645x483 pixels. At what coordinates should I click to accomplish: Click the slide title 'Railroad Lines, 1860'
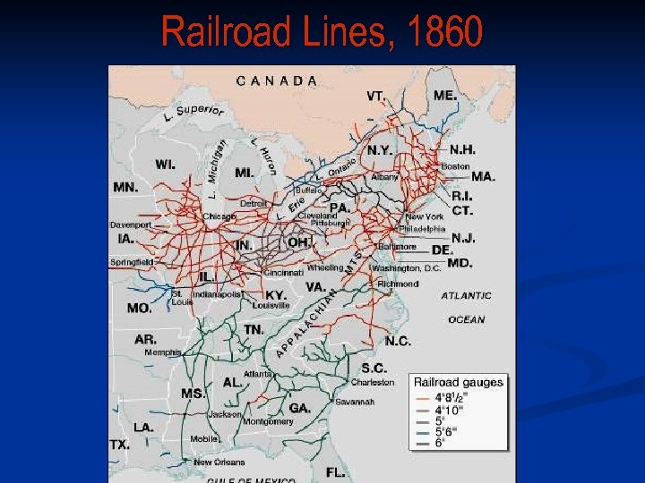coord(322,33)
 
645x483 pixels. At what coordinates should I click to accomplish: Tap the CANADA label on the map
coord(277,80)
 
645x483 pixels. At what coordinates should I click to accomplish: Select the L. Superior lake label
coord(193,114)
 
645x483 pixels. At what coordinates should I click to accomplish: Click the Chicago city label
coord(219,216)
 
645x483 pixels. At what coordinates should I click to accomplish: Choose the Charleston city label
coord(372,382)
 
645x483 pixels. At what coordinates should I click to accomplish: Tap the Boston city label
coord(454,166)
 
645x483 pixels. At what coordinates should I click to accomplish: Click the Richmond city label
coord(398,284)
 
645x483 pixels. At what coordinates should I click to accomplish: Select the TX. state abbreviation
coord(119,445)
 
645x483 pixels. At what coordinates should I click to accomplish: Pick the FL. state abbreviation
coord(336,471)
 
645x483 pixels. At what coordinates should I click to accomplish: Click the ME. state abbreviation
coord(445,95)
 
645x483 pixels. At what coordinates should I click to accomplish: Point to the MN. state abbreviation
coord(125,188)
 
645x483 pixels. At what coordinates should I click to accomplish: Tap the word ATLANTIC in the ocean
coord(466,295)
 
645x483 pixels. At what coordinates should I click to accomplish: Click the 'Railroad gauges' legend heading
coord(458,382)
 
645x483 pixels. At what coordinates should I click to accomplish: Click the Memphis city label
coord(162,352)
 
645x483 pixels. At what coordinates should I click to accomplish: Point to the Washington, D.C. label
coord(408,267)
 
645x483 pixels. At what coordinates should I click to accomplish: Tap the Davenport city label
coord(132,225)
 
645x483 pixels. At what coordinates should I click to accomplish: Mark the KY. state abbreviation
coord(275,294)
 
